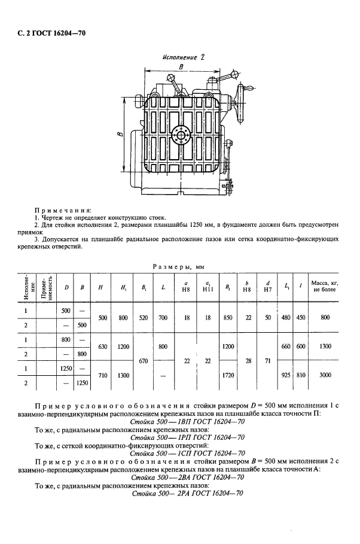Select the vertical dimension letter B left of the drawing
(120, 136)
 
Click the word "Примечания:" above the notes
(63, 210)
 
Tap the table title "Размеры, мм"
(179, 265)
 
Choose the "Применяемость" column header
(50, 287)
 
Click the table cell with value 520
(146, 318)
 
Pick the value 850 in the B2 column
(227, 318)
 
